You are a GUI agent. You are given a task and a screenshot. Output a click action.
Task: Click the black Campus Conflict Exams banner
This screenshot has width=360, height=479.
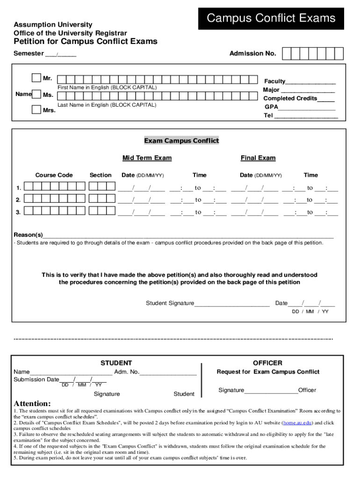coord(271,19)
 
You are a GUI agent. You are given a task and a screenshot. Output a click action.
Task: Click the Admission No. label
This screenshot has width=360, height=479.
coord(252,54)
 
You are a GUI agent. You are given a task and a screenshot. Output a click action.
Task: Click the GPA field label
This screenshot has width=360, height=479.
coord(271,107)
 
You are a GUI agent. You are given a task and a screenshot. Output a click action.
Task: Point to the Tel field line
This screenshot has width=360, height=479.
coord(306,116)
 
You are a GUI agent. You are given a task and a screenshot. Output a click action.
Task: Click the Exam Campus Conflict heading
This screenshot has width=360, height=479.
coord(181,141)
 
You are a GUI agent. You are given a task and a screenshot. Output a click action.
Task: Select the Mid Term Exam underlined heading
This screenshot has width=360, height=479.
coord(147,158)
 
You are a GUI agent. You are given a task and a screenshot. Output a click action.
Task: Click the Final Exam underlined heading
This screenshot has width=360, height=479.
coord(258,158)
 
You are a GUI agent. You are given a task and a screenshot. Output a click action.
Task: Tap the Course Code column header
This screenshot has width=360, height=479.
coord(54,175)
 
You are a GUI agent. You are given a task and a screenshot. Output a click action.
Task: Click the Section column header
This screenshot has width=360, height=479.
coord(101,175)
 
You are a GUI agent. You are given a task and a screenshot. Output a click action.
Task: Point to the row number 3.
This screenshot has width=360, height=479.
coord(18,212)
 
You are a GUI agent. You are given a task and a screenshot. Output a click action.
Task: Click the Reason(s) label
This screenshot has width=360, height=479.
coord(28,234)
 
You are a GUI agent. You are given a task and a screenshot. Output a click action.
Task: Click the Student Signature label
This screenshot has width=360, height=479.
coord(170,303)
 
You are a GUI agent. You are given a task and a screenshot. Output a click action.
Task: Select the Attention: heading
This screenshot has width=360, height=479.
coord(32,403)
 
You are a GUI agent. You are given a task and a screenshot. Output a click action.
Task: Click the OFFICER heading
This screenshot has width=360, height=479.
coord(267,363)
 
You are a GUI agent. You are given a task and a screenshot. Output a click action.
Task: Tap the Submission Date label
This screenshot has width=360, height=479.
coord(36,379)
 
